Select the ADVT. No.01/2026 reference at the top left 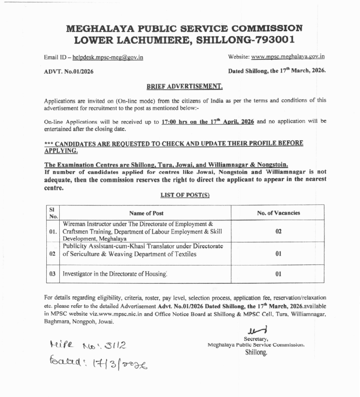coord(69,71)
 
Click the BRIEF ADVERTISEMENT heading coord(185,87)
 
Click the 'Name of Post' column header coord(147,212)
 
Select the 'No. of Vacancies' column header coord(278,212)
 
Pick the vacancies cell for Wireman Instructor coord(278,231)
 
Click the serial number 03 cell coord(53,274)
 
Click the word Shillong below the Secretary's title coord(255,352)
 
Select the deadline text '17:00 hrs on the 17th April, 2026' coord(208,122)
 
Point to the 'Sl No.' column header coord(53,212)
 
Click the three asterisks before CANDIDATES coord(48,144)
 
